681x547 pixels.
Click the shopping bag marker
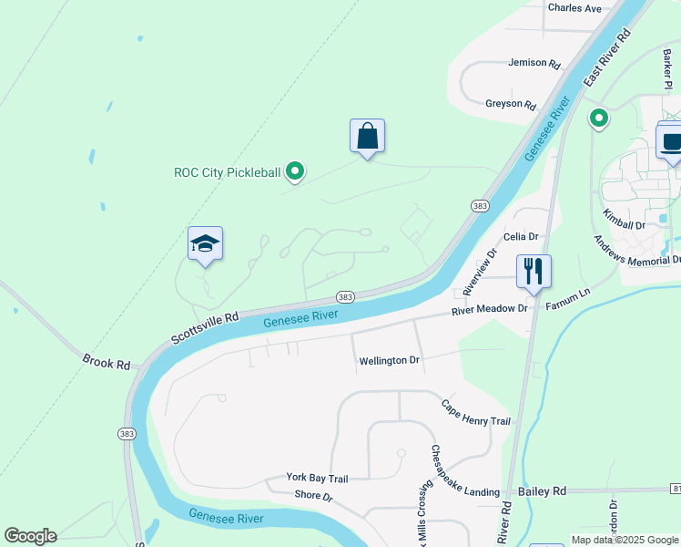[367, 137]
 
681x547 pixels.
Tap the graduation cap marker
[205, 244]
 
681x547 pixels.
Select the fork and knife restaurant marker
[534, 271]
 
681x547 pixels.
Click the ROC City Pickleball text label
[228, 172]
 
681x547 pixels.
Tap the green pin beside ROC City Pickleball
[294, 170]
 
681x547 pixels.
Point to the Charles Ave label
[574, 8]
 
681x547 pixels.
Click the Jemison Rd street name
[534, 63]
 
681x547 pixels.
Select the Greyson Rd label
[510, 104]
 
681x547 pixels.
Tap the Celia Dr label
[521, 237]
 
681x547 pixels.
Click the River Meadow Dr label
[490, 310]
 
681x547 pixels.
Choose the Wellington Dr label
[389, 361]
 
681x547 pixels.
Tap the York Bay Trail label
[317, 478]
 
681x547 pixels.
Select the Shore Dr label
[314, 496]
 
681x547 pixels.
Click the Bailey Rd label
[542, 491]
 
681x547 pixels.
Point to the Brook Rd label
[107, 362]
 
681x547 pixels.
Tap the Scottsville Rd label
[205, 328]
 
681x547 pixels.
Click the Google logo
[30, 536]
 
